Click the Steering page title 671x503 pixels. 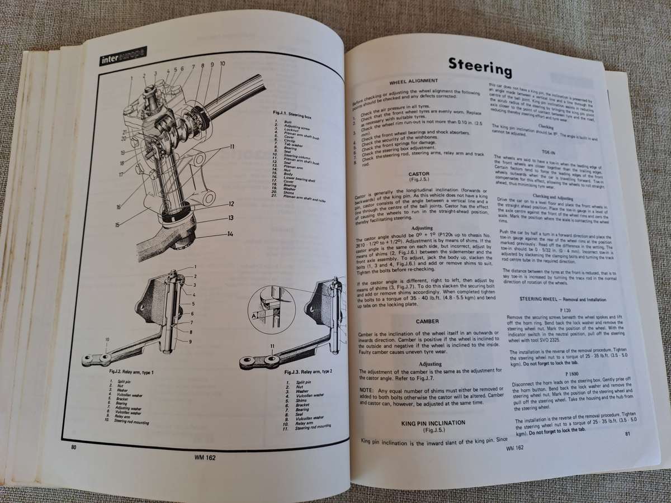[480, 67]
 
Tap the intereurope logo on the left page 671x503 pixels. [123, 57]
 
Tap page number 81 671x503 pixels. [628, 433]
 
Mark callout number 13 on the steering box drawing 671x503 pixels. [230, 218]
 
